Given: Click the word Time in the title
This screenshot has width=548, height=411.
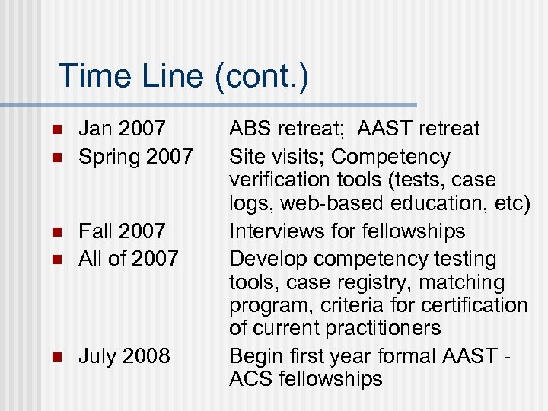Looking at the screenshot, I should [91, 76].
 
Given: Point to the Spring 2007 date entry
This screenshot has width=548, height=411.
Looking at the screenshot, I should [136, 157].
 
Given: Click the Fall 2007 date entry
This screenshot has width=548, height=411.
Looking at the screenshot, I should [123, 231].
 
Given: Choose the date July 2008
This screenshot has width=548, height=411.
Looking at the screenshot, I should [125, 355].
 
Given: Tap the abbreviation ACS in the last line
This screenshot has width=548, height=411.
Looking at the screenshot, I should [252, 379].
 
